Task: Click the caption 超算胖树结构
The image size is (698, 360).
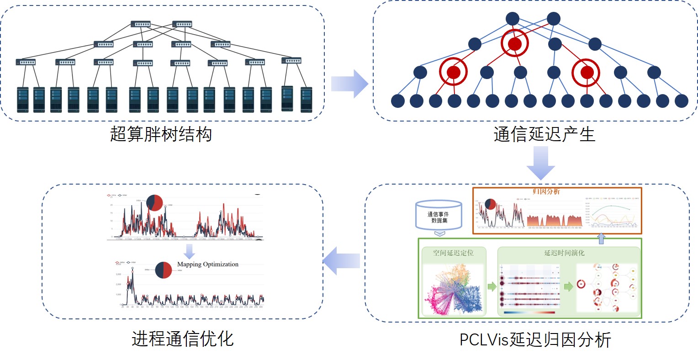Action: [161, 134]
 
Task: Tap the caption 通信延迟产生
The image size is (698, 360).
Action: [544, 134]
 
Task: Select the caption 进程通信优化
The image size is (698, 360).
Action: [183, 339]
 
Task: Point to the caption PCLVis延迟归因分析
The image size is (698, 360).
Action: [535, 340]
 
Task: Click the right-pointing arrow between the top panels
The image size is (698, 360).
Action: [349, 84]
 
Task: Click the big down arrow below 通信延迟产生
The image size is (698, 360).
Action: [540, 163]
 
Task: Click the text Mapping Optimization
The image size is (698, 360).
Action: [208, 264]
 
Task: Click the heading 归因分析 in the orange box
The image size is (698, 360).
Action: [546, 191]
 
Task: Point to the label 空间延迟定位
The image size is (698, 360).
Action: [453, 253]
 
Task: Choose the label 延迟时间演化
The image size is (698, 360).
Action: [564, 253]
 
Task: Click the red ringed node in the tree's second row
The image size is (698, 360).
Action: [515, 44]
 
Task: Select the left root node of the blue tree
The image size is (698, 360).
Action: [513, 19]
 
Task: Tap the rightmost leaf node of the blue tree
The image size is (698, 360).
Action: [681, 101]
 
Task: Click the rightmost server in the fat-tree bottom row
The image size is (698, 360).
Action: [306, 100]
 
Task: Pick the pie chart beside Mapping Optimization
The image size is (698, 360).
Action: [164, 270]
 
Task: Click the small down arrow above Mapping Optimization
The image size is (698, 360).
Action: [189, 251]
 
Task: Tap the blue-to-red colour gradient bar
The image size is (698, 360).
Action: [529, 313]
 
